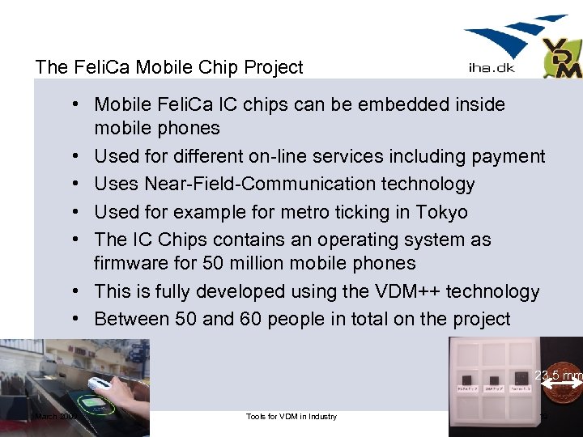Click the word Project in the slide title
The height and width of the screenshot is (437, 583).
point(271,67)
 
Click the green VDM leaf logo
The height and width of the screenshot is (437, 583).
point(562,58)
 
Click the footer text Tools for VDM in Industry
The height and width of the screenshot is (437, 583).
point(291,417)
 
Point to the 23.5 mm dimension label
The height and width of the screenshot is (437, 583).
point(558,375)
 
